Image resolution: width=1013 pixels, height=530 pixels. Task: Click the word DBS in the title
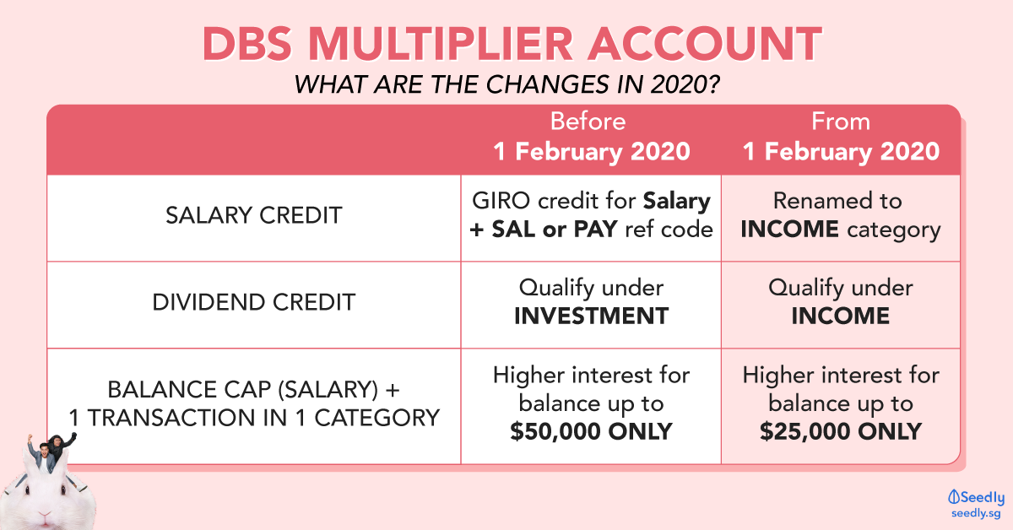tap(246, 44)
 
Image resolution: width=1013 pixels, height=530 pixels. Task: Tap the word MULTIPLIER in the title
tap(441, 44)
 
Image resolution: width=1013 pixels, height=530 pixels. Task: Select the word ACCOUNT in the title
tap(705, 44)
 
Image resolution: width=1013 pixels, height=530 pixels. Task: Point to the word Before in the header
tap(588, 122)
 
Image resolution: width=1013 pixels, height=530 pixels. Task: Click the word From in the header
tap(841, 122)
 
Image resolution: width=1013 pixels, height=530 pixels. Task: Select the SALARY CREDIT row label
tap(254, 215)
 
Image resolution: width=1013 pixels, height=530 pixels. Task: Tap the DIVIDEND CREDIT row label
tap(254, 302)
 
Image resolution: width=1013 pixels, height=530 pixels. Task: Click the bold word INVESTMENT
tap(591, 316)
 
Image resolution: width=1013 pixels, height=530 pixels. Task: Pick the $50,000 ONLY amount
tap(591, 431)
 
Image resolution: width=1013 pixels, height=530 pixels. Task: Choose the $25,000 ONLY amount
tap(841, 431)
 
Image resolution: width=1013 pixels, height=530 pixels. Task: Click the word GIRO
tap(501, 201)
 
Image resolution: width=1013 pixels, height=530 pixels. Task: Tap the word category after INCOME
tap(894, 230)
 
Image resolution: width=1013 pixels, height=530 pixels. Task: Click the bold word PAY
tap(595, 230)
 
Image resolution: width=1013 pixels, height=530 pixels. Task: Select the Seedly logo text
tap(976, 497)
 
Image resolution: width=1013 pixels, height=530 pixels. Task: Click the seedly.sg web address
tap(976, 513)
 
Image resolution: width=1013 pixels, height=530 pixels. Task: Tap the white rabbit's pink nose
tap(46, 514)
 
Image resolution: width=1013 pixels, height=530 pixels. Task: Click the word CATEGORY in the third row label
tap(376, 418)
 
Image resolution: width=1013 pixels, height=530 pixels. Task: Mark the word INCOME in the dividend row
tap(841, 316)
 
